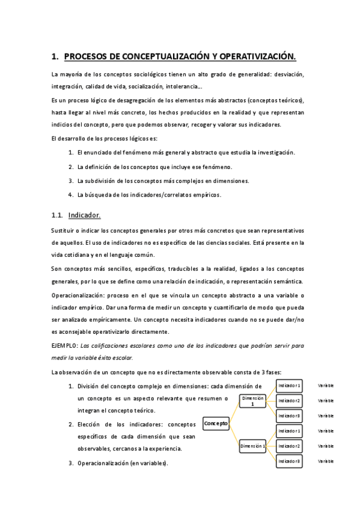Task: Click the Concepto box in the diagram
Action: click(x=216, y=423)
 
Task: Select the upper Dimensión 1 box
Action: click(x=253, y=401)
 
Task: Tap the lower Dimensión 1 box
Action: click(x=253, y=446)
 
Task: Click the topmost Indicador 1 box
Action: click(x=289, y=386)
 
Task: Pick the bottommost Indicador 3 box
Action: click(x=289, y=461)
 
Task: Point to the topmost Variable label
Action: click(x=326, y=386)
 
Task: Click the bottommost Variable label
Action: click(x=326, y=461)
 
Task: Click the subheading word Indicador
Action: click(x=85, y=215)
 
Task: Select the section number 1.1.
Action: click(x=58, y=215)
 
